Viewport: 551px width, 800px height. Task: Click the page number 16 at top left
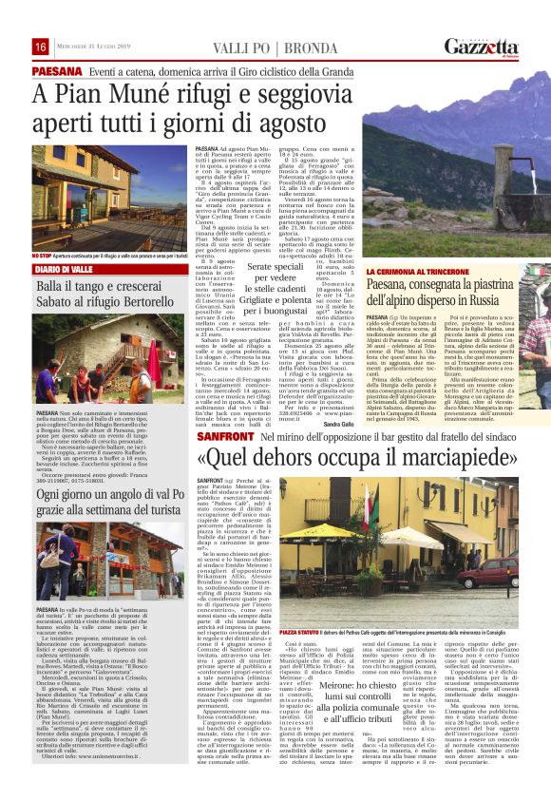click(x=41, y=48)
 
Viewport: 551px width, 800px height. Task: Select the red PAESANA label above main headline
click(x=55, y=71)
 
